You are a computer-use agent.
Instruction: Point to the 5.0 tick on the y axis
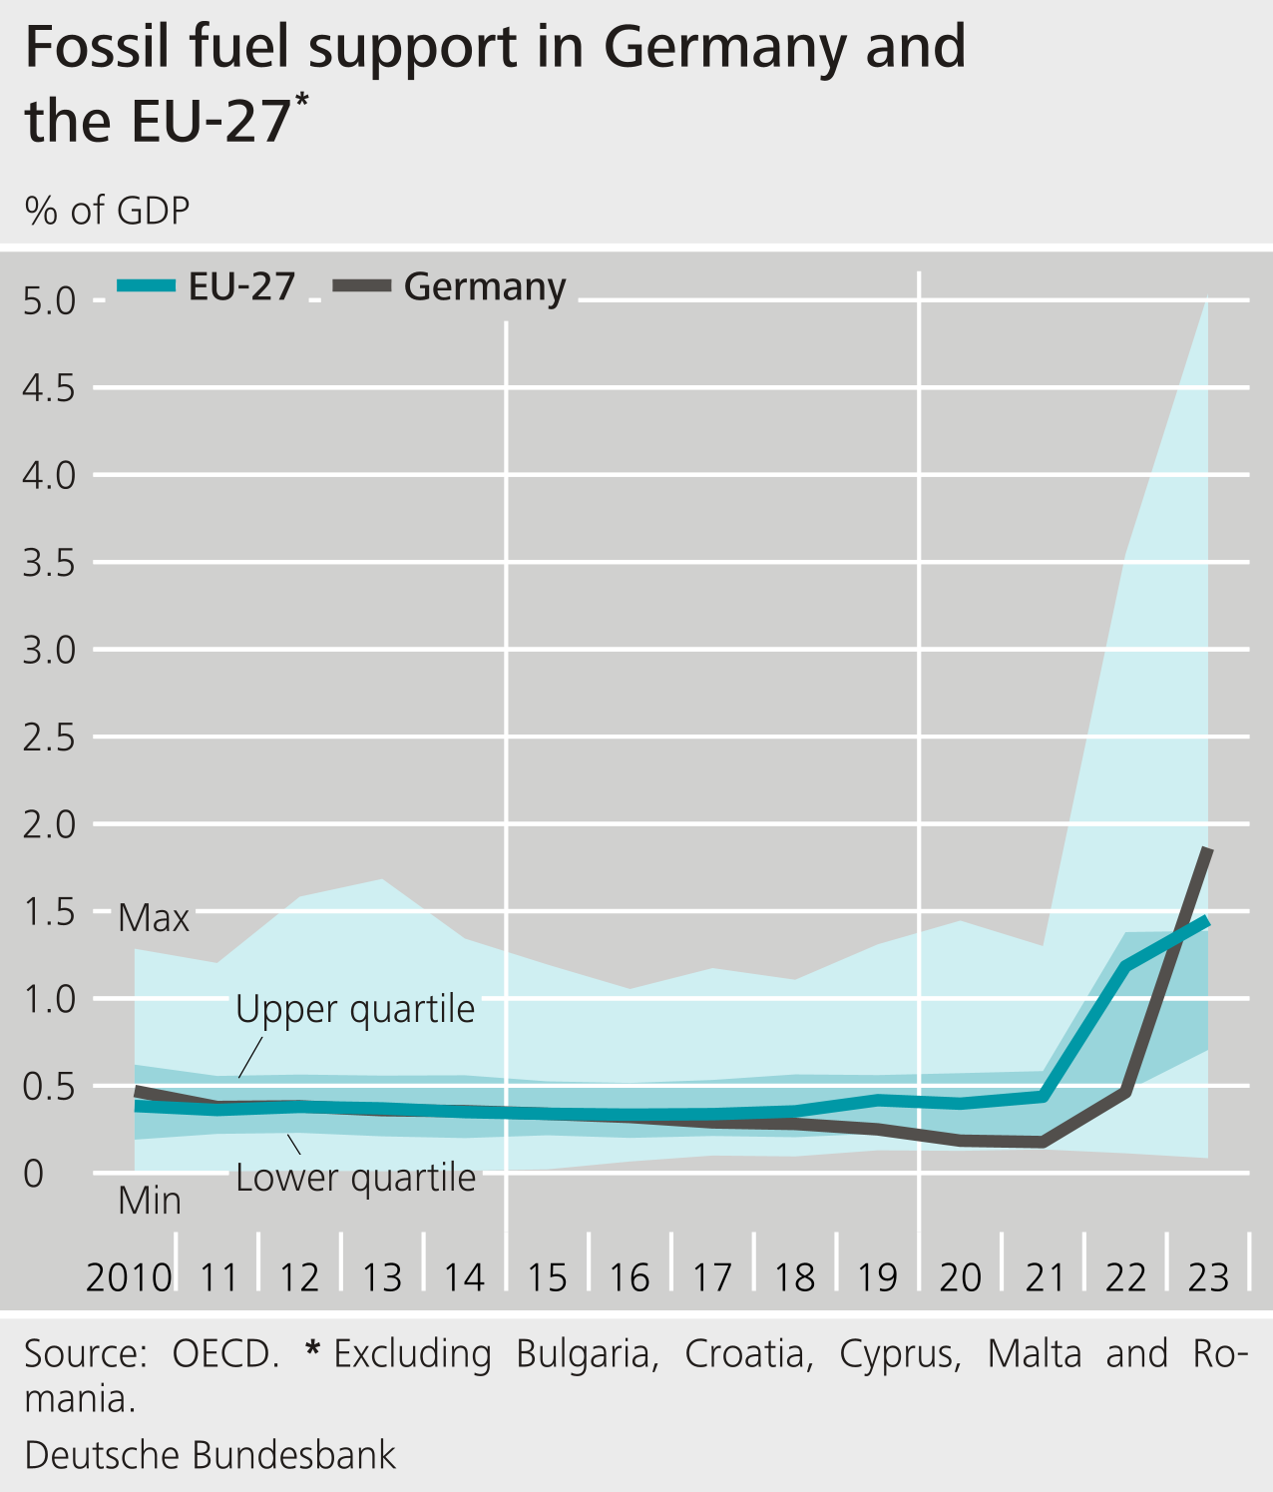49,300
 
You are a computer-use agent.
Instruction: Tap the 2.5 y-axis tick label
49,738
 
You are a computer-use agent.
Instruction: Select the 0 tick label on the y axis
34,1174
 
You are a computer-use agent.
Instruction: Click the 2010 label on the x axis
129,1277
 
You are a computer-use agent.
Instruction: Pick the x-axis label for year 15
547,1277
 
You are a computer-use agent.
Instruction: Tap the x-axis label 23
1208,1277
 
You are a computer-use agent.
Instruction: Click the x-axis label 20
961,1277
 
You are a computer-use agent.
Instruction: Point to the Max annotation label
154,918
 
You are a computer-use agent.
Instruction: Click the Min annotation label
150,1201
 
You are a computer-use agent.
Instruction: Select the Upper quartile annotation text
355,1009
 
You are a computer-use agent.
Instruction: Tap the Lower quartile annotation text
355,1178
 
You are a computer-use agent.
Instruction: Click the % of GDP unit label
107,211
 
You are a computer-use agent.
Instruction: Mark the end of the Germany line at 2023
1208,849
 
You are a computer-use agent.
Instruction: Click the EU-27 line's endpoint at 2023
1208,920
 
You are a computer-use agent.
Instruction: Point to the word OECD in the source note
224,1354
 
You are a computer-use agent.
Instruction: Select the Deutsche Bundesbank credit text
211,1455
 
